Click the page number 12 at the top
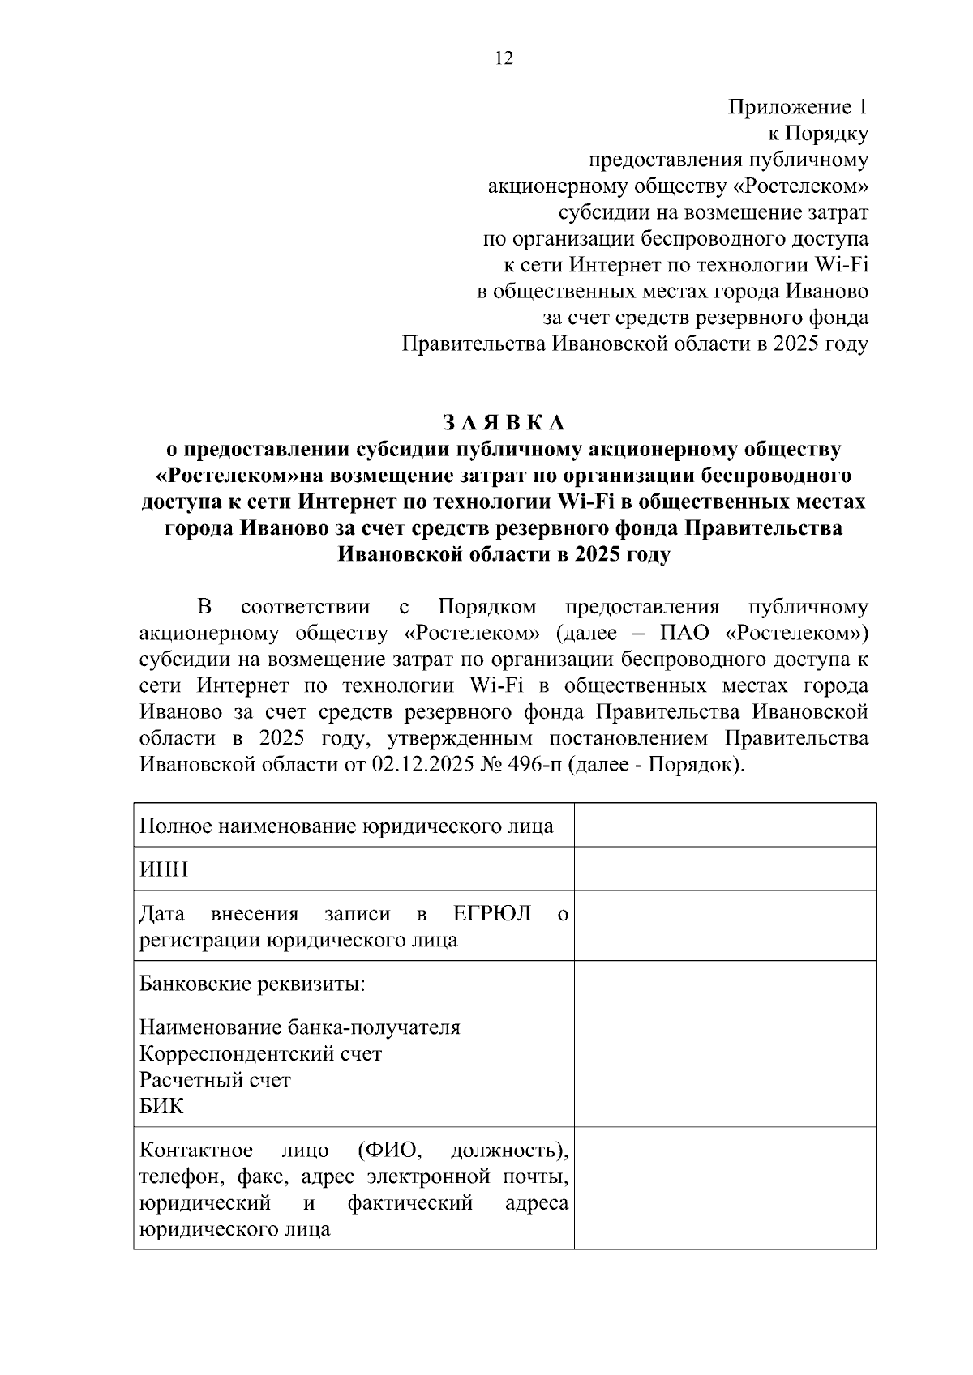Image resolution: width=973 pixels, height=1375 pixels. tap(504, 58)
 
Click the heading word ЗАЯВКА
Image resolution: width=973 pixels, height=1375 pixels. tap(504, 423)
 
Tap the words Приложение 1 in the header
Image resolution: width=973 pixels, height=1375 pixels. tap(798, 107)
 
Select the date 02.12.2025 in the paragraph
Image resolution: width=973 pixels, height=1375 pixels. tap(420, 765)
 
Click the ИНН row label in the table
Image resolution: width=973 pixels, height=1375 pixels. tap(164, 869)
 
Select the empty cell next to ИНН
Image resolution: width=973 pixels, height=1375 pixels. tap(724, 869)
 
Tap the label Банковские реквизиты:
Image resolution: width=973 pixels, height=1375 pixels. tap(252, 984)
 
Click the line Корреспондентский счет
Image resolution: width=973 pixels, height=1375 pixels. tap(260, 1053)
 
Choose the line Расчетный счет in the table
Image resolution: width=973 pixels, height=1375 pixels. tap(215, 1080)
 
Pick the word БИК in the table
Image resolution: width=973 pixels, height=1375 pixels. tap(161, 1106)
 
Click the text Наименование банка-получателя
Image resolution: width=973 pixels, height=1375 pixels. tap(299, 1027)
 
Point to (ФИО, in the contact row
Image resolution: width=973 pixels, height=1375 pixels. tap(389, 1151)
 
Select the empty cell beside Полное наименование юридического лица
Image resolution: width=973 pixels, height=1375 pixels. tap(724, 825)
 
